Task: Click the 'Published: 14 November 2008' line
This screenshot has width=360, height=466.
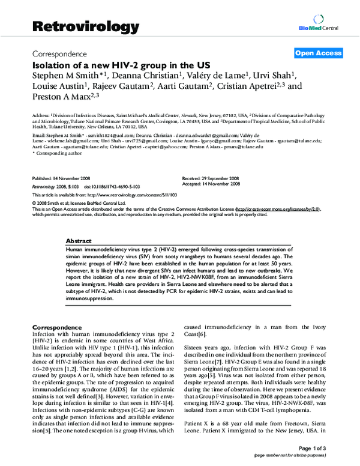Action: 61,179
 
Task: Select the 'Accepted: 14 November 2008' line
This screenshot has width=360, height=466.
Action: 212,184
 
